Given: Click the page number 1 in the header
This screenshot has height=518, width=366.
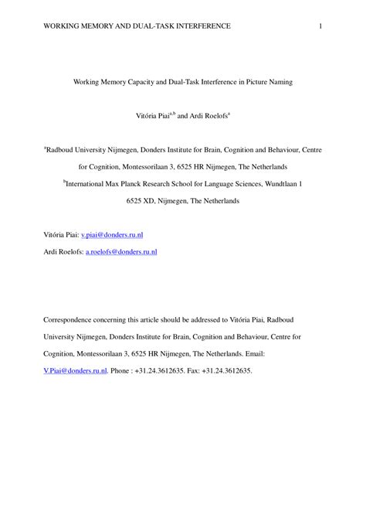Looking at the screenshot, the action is [x=320, y=26].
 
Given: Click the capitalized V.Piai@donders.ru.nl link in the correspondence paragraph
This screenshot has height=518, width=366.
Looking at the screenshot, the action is [x=75, y=371].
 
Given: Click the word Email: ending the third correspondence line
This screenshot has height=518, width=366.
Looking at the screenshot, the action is [x=255, y=353].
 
